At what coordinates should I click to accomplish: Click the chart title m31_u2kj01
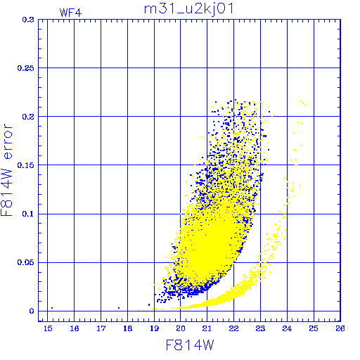coord(188,9)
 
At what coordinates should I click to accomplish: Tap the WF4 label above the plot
coord(70,13)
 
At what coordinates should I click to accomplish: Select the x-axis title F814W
coord(190,345)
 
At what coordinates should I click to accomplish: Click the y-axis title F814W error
coord(6,170)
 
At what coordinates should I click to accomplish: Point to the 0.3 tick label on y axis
coord(28,20)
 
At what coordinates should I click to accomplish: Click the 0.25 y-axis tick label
coord(26,68)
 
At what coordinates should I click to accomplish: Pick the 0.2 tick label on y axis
coord(28,117)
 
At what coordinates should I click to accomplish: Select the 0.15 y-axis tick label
coord(26,165)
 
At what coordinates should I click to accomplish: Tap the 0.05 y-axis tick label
coord(26,262)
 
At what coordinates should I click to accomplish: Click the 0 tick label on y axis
coord(32,311)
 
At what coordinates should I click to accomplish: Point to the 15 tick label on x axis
coord(48,328)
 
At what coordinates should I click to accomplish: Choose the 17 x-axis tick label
coord(101,328)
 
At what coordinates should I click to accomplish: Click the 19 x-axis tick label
coord(154,328)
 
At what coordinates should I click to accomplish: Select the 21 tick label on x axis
coord(207,328)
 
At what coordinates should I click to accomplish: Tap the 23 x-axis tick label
coord(260,328)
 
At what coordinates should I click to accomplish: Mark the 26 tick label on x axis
coord(340,328)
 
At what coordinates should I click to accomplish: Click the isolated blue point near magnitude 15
coord(52,308)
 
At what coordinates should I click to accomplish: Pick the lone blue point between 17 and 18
coord(119,308)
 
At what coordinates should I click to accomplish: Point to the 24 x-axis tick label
coord(287,328)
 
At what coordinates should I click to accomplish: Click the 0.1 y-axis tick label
coord(28,214)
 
